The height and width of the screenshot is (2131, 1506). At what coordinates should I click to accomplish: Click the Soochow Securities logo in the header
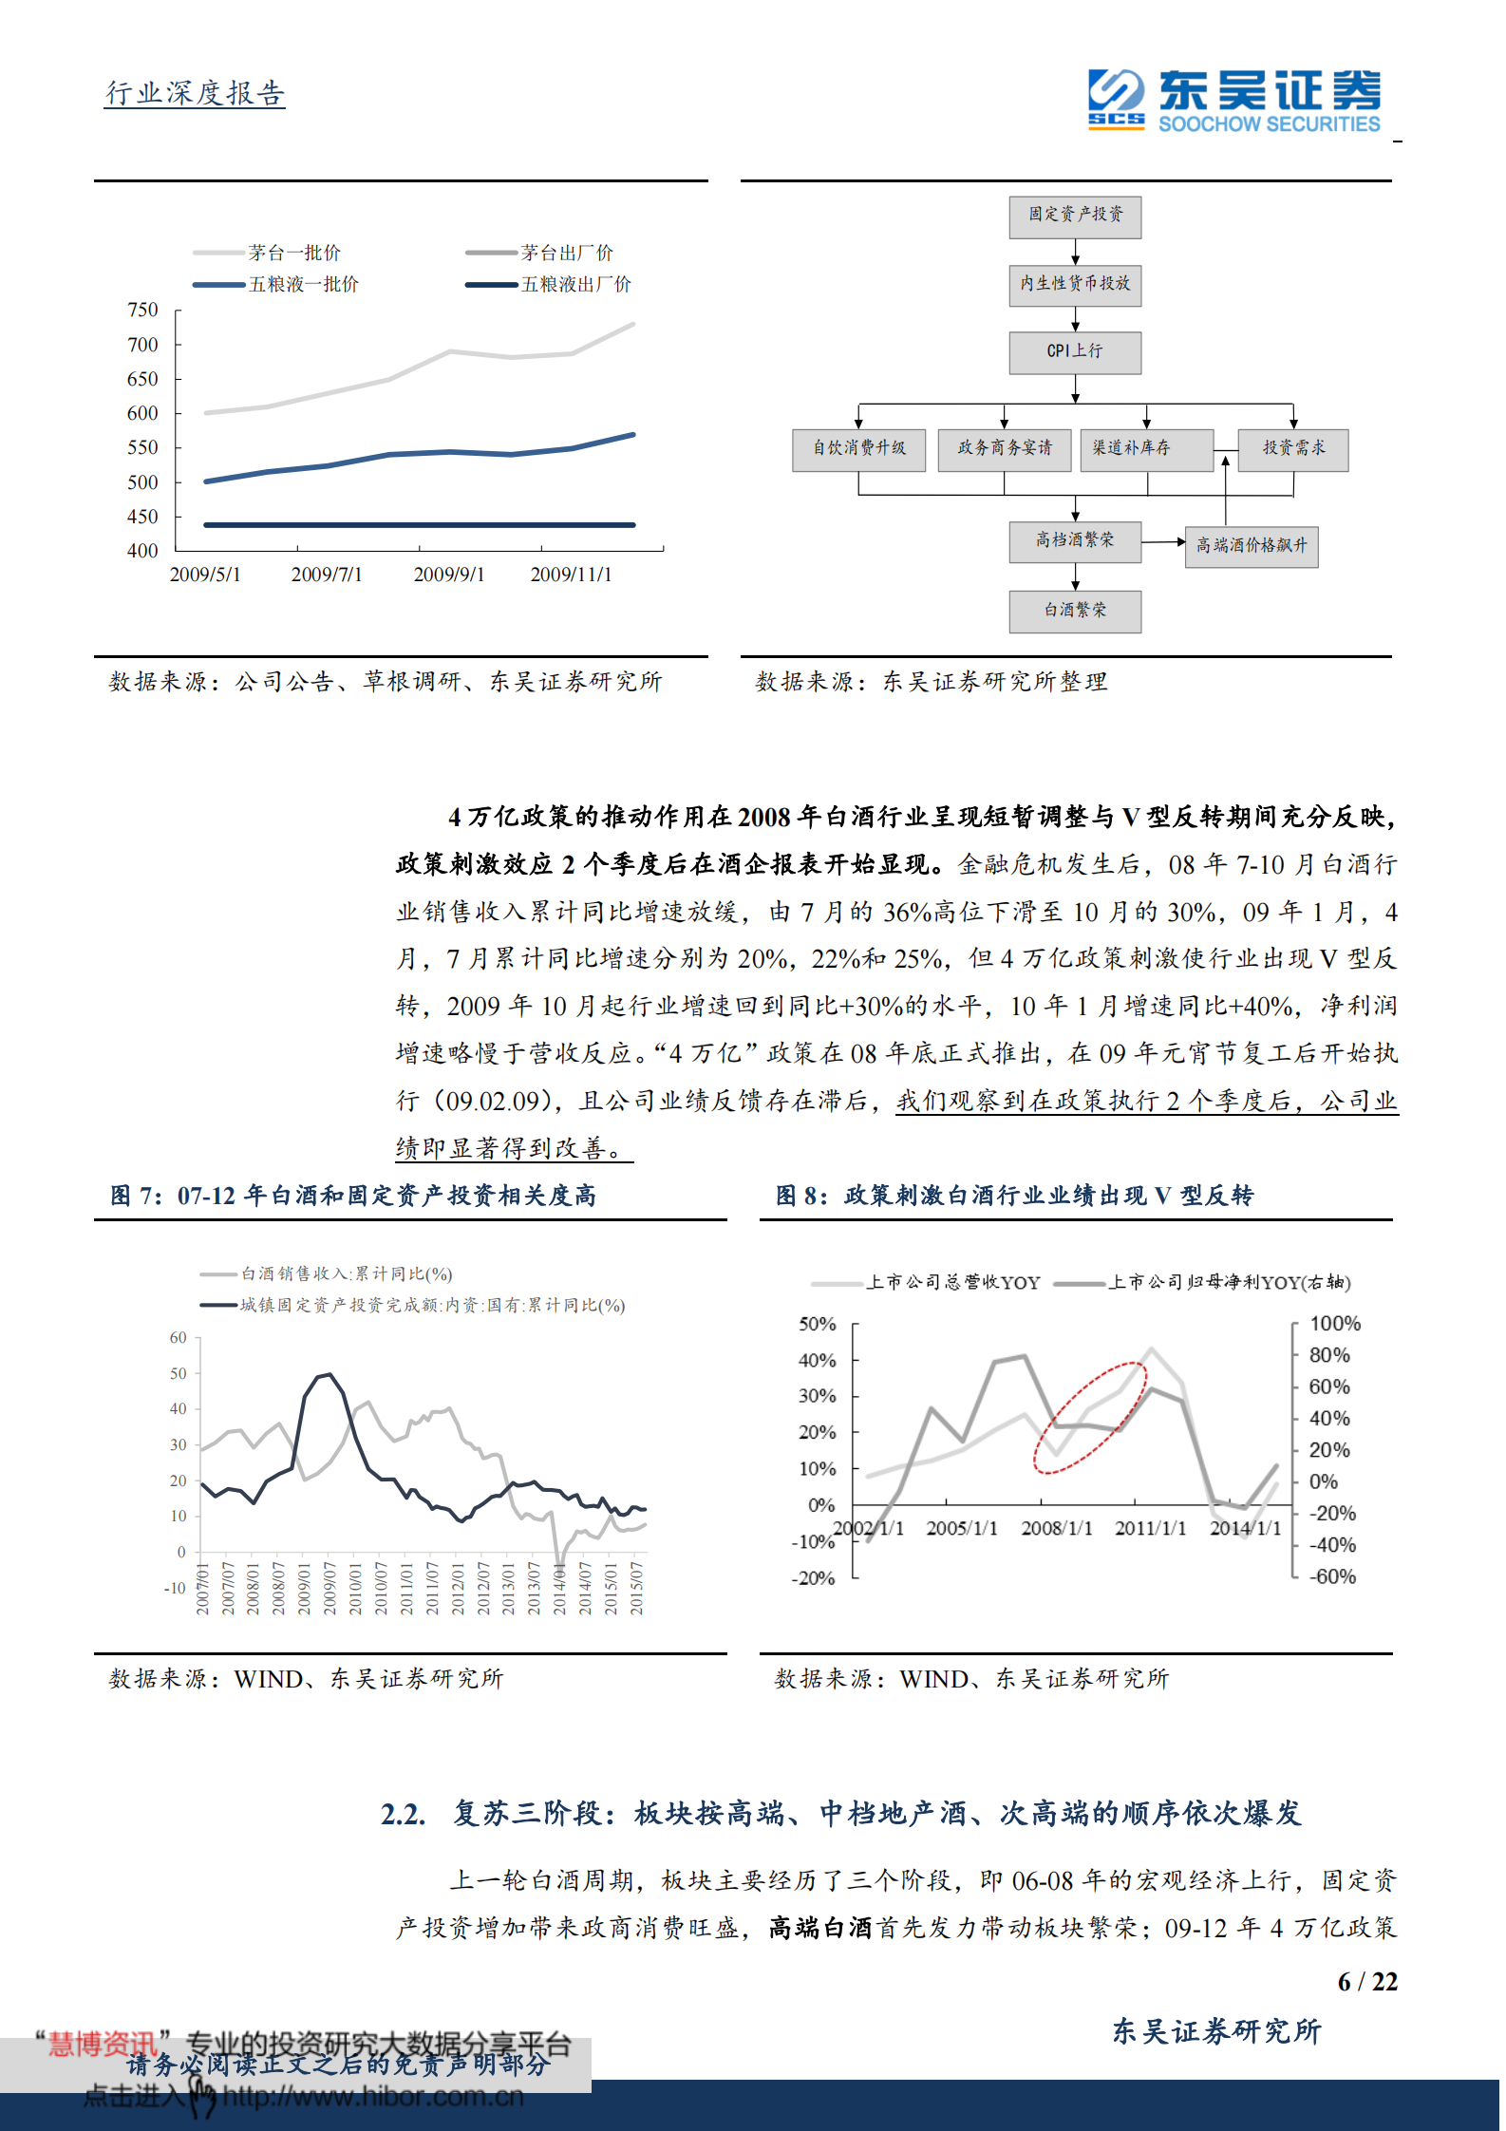coord(1233,100)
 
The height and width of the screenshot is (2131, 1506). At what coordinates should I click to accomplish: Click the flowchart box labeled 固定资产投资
coord(1075,217)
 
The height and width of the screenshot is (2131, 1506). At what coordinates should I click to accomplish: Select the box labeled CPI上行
coord(1075,352)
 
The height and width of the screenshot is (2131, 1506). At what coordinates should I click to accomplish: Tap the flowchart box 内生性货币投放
coord(1075,285)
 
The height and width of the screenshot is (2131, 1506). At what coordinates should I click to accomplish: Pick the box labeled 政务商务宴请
coord(1004,449)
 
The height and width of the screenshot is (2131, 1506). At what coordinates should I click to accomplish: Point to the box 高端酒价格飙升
coord(1251,547)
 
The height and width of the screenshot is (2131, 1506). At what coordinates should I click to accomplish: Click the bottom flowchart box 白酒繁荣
coord(1075,612)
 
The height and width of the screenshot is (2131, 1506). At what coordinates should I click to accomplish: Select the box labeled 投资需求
coord(1292,449)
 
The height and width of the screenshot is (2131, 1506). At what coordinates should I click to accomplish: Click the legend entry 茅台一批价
coord(293,253)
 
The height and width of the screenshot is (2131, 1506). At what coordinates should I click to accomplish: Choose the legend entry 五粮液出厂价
coord(575,284)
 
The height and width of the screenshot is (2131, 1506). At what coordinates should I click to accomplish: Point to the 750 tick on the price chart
coord(142,310)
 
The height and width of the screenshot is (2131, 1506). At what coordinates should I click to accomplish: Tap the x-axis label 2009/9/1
coord(448,575)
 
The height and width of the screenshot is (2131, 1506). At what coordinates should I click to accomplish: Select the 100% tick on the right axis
coord(1334,1324)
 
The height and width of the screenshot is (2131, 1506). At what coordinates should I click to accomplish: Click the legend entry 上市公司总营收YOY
coord(952,1283)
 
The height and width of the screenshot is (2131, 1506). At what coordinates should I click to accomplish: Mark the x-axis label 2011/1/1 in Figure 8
coord(1150,1529)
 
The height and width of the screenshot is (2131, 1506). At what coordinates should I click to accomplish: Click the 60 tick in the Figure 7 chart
coord(179,1338)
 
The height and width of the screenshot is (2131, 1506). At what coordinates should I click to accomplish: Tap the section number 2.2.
coord(403,1815)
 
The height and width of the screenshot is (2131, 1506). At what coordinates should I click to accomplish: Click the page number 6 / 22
coord(1366,1982)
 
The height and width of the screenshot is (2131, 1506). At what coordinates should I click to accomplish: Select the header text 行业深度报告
coord(195,94)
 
